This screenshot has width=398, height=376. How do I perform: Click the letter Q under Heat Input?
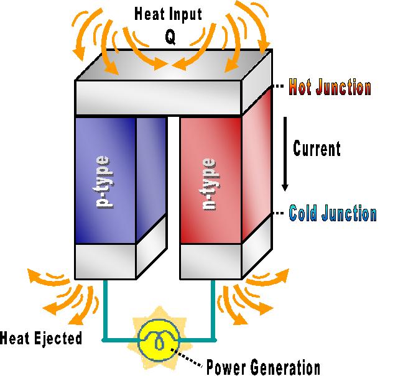[x=170, y=37]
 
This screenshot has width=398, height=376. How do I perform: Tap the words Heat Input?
[x=170, y=14]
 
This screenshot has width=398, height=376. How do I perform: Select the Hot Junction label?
[x=330, y=88]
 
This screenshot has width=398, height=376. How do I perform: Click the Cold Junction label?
[x=333, y=214]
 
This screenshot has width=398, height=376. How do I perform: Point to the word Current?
[x=317, y=149]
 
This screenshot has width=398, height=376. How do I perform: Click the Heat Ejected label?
[x=41, y=339]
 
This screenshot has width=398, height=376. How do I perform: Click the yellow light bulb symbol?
[x=159, y=339]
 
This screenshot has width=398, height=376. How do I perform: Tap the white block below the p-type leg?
[x=105, y=261]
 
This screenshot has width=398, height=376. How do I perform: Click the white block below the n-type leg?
[x=210, y=261]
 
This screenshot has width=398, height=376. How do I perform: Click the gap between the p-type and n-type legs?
[x=174, y=186]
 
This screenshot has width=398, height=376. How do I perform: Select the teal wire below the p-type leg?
[x=104, y=311]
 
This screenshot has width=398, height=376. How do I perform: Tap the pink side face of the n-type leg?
[x=256, y=168]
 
